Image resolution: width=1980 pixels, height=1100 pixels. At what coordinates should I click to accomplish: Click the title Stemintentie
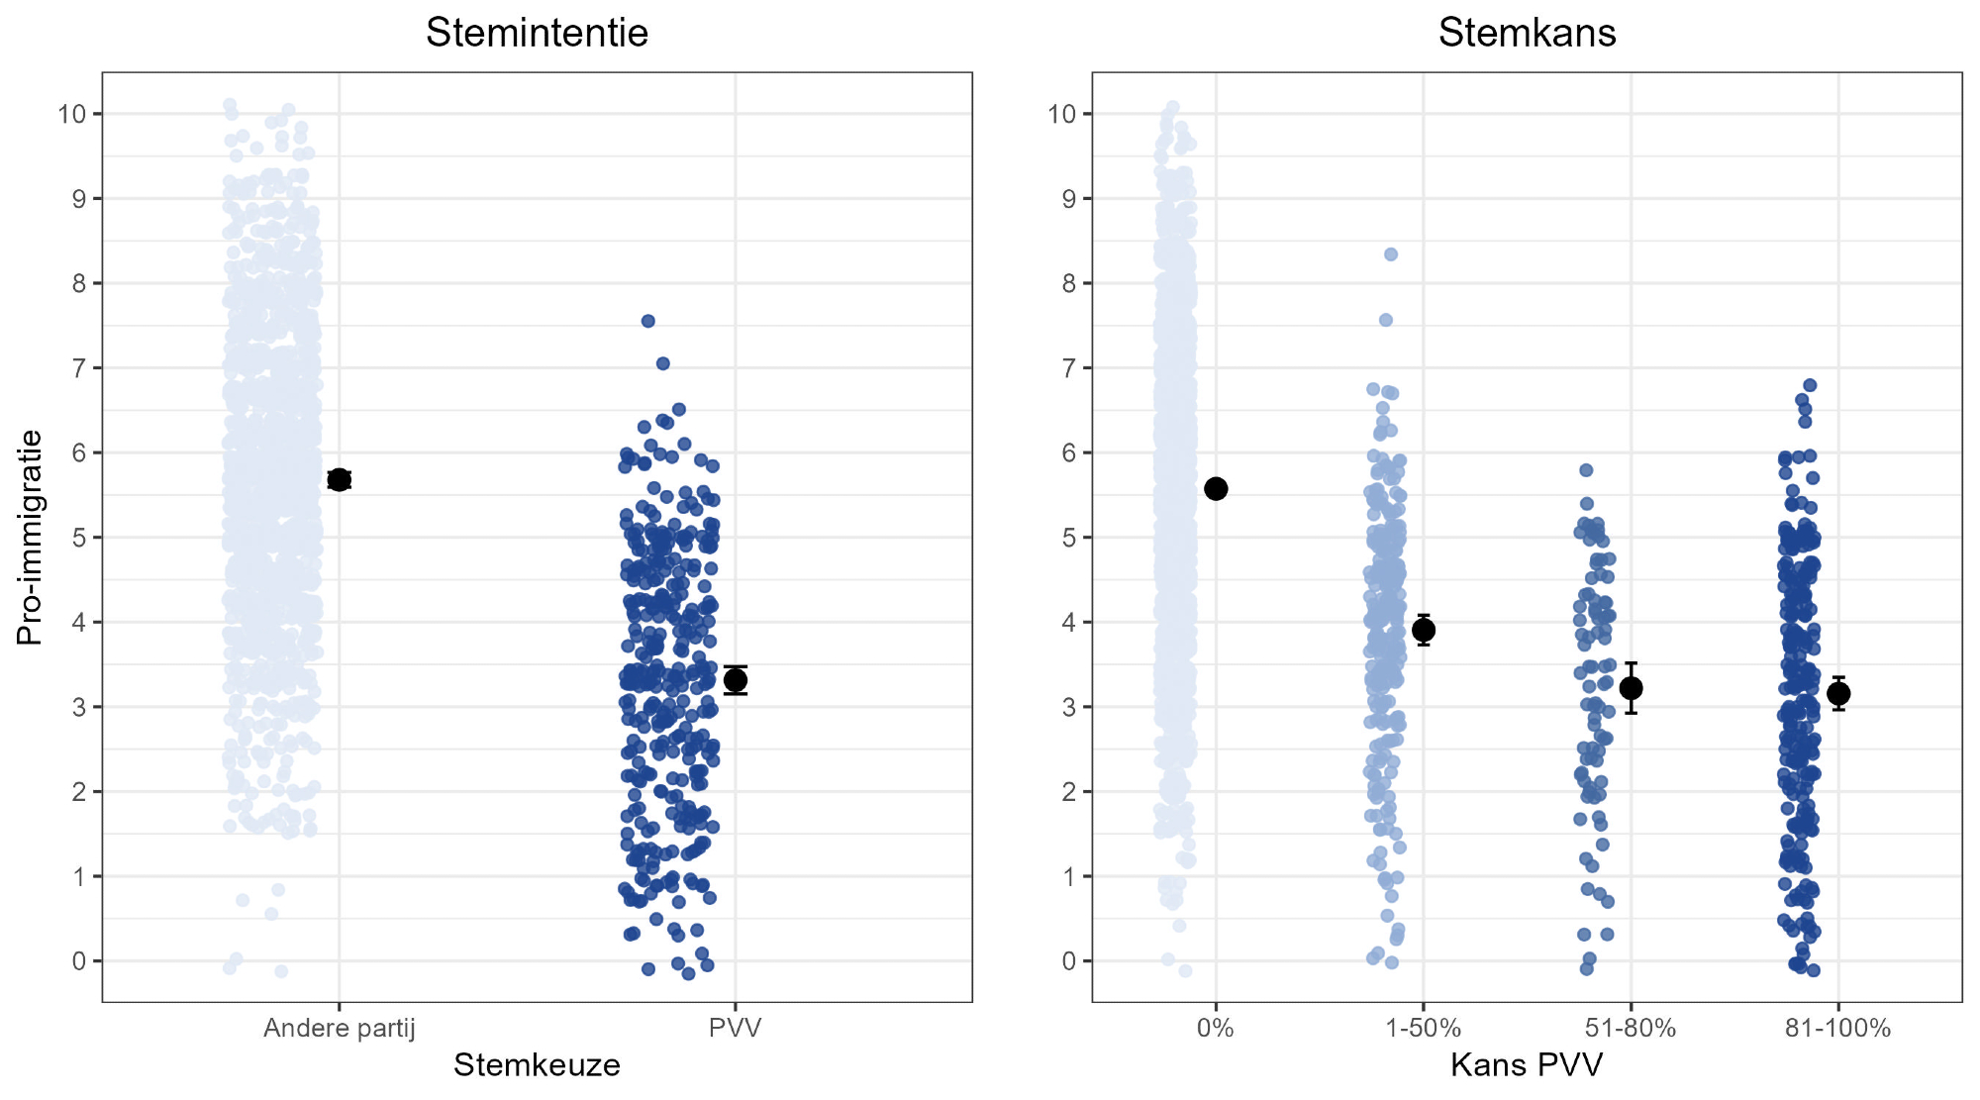537,33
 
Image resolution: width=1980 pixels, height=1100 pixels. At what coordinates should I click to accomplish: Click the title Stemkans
1527,33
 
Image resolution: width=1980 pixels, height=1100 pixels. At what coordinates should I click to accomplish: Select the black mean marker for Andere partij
340,480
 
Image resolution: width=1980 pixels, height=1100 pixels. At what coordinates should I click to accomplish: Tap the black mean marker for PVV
736,680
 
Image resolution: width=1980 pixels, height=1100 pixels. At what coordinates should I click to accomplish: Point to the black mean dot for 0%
1216,488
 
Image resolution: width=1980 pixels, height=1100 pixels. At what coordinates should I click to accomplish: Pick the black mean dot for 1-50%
1424,630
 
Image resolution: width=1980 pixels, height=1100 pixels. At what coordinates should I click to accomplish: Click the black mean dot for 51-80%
1631,688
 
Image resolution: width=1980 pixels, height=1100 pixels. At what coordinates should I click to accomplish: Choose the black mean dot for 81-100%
1838,693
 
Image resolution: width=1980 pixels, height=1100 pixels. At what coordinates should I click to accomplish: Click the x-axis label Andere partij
340,1029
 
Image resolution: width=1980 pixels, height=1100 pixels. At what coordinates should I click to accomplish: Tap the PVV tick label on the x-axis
736,1029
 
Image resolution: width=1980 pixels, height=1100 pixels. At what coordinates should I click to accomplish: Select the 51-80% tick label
1631,1029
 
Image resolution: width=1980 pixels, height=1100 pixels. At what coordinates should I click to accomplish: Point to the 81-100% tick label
1837,1029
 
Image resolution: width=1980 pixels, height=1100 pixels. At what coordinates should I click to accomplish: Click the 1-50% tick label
1424,1029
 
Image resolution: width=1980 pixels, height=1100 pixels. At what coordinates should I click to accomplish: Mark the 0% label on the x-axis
1216,1029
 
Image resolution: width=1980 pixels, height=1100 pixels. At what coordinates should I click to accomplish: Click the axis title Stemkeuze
537,1065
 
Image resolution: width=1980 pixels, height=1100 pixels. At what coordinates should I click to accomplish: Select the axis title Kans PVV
1527,1065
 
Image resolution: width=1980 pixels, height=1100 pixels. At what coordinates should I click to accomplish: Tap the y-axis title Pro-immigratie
30,537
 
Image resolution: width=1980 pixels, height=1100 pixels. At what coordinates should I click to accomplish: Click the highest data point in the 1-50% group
1391,254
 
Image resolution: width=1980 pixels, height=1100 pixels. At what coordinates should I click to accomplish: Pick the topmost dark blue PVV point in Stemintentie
648,321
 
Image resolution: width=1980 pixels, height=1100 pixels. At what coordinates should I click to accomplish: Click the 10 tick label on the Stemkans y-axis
1061,114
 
